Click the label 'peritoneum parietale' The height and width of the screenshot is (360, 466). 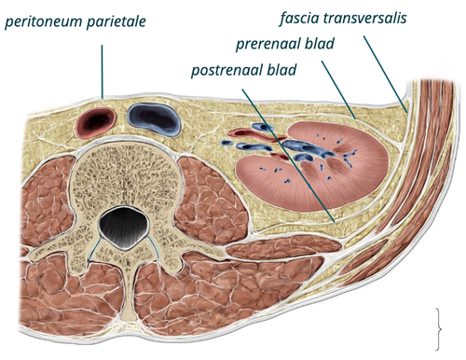75,21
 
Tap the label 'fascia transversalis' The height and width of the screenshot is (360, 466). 343,18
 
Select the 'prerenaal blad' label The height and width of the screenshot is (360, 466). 285,44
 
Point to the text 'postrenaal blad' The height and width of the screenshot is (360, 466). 244,70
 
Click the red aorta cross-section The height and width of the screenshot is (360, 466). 97,122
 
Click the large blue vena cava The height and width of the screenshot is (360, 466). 154,119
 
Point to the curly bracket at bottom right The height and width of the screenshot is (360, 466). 438,329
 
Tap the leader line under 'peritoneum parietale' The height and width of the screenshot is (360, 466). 102,72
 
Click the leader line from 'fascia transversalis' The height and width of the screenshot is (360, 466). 385,74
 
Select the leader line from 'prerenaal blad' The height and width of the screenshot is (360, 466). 338,90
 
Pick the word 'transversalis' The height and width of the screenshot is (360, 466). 364,18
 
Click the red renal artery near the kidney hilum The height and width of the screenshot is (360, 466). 257,134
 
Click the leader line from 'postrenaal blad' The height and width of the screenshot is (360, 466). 288,156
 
